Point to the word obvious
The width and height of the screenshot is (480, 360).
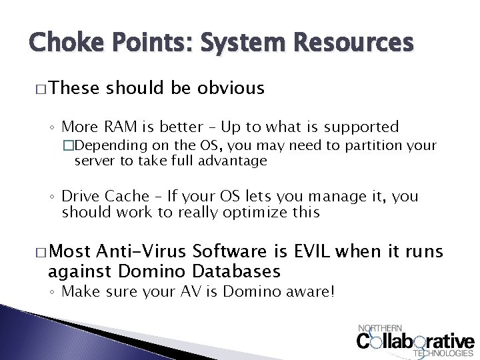(231, 88)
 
